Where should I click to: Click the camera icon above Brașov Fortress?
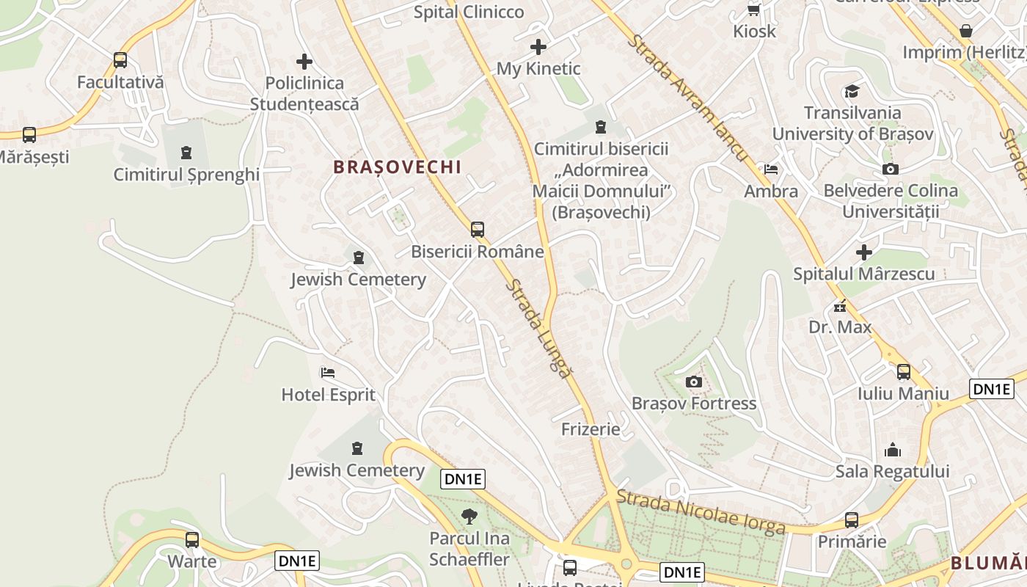pos(693,382)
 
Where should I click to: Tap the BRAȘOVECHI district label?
pos(398,167)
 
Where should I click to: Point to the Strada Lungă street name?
pos(538,328)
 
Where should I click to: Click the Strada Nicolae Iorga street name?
pos(700,512)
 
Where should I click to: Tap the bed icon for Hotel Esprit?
pos(328,373)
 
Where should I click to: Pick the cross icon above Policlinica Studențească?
pos(304,62)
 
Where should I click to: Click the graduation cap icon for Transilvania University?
pos(852,91)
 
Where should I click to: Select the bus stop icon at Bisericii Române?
pos(478,229)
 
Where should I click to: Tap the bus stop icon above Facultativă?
pos(120,60)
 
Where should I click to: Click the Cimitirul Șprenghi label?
pos(186,175)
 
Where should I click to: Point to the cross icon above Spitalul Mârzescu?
pos(864,252)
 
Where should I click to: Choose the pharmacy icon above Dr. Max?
pos(840,305)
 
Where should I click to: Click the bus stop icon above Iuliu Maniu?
pos(904,372)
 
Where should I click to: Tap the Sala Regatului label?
pos(893,471)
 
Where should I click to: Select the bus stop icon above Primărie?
pos(852,520)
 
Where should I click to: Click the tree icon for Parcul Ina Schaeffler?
pos(469,517)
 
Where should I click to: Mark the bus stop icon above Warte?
pos(192,540)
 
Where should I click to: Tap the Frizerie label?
pos(591,429)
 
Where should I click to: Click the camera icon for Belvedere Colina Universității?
pos(891,169)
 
